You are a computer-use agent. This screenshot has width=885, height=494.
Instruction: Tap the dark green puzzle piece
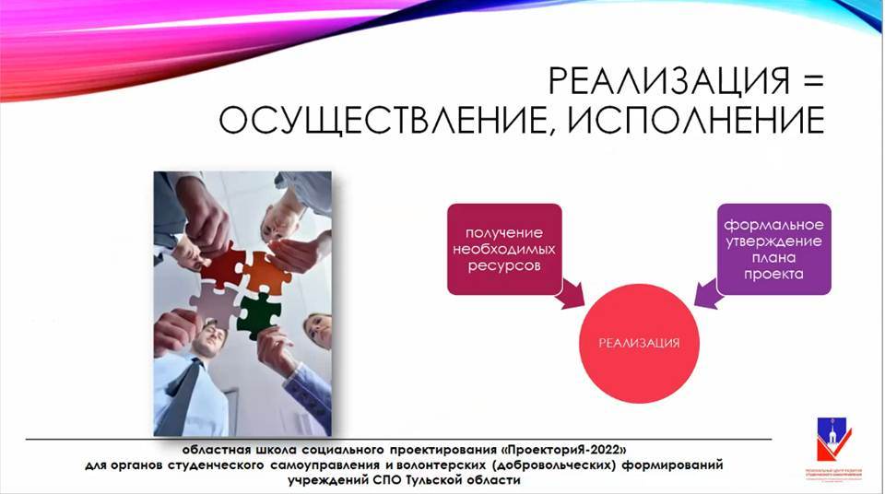[x=259, y=313]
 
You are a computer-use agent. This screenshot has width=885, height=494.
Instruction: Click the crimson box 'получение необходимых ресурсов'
[x=504, y=249]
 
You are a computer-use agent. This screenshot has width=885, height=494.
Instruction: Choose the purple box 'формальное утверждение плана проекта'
[x=773, y=249]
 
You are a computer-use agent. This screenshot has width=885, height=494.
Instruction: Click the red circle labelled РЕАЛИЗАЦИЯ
[x=640, y=343]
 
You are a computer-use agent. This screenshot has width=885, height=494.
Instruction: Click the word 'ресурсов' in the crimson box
[x=504, y=266]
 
